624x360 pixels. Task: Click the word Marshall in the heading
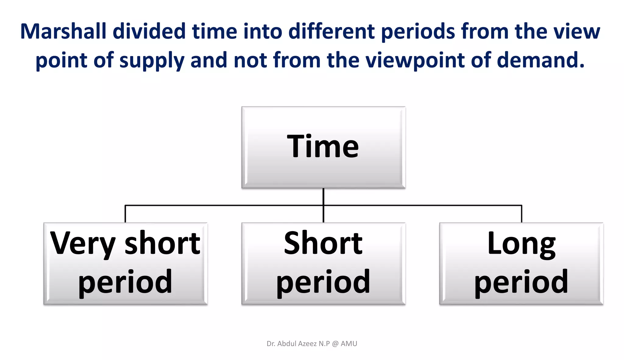click(x=63, y=32)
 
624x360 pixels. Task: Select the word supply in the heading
click(x=152, y=60)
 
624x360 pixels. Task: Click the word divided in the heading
click(x=149, y=32)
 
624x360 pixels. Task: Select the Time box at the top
click(x=323, y=147)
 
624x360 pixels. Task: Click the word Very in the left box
click(x=83, y=244)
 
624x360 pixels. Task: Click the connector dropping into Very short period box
click(x=125, y=214)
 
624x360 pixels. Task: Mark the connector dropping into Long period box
click(x=522, y=214)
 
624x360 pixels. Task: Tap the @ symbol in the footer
click(x=335, y=344)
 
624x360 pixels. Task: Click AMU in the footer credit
click(x=349, y=344)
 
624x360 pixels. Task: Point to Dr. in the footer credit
click(x=271, y=344)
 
